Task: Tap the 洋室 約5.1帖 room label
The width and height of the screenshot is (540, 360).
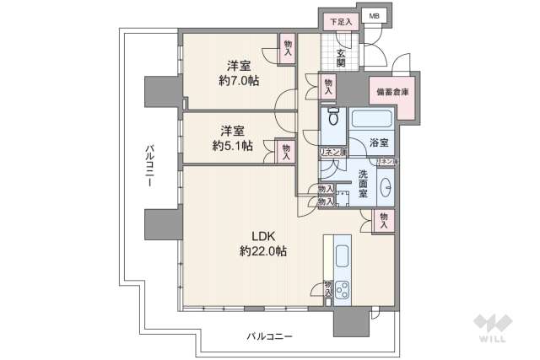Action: (232, 138)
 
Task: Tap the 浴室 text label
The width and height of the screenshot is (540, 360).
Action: (379, 144)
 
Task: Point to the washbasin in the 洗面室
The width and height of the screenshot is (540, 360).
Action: (387, 186)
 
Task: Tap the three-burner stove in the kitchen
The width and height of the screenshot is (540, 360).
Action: (345, 291)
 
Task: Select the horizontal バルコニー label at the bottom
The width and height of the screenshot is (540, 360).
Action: (269, 336)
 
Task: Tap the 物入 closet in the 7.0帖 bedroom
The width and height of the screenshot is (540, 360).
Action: (288, 48)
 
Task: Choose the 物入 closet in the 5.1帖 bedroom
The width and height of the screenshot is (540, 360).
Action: (285, 151)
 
